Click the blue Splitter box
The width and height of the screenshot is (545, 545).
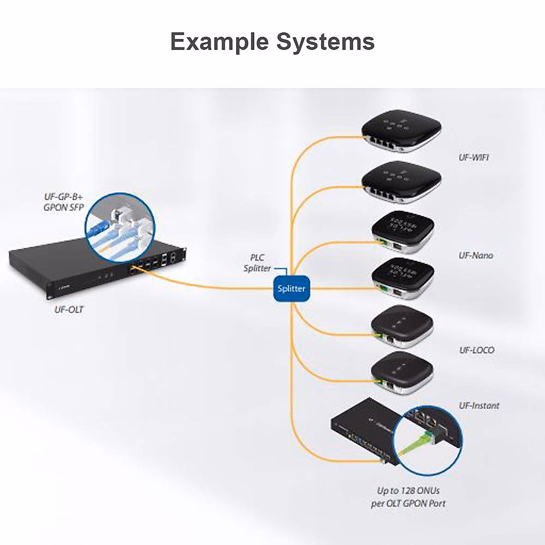[x=292, y=288]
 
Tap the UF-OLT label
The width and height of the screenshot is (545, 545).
[x=69, y=310]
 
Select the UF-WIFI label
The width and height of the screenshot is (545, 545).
[x=474, y=158]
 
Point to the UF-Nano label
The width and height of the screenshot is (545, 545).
[x=476, y=256]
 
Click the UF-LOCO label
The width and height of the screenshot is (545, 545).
[x=476, y=350]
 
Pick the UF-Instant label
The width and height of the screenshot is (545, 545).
[x=479, y=406]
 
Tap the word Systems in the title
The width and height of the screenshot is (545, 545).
[x=326, y=41]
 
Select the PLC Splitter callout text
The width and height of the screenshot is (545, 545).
[x=258, y=263]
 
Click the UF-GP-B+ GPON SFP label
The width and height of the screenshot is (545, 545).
[x=64, y=203]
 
